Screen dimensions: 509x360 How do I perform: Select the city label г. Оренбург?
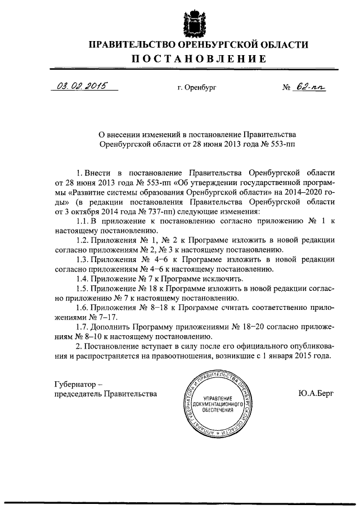pyautogui.click(x=196, y=88)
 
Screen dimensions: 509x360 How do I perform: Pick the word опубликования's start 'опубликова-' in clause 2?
pyautogui.click(x=314, y=346)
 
